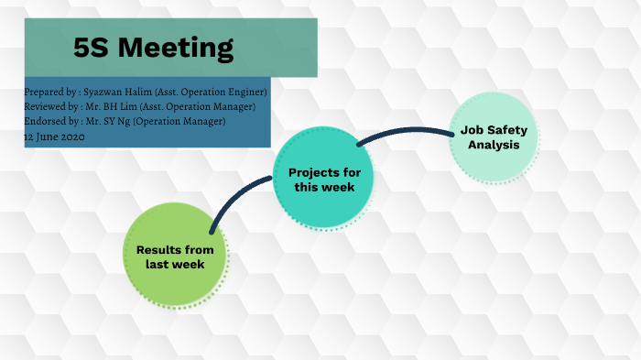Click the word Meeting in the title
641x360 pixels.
[x=179, y=47]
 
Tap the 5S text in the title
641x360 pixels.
[x=95, y=47]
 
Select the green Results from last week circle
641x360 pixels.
[x=175, y=256]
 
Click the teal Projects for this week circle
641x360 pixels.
[x=324, y=179]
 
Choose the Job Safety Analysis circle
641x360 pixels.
[x=494, y=138]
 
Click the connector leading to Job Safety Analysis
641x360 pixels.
[x=403, y=131]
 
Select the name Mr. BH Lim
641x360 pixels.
[x=109, y=107]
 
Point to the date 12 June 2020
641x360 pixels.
[x=55, y=136]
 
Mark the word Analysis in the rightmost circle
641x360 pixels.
[x=494, y=146]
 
